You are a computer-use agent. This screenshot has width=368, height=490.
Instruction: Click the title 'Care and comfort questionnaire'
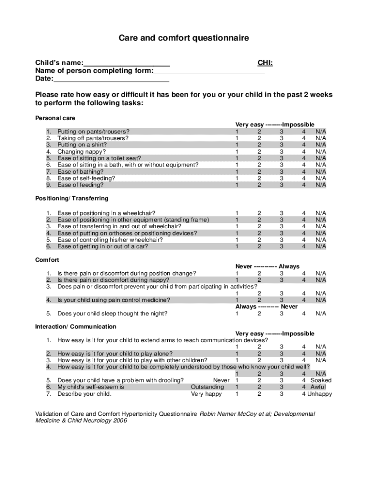pyautogui.click(x=184, y=38)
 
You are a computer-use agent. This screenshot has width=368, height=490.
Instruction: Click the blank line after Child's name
pyautogui.click(x=127, y=63)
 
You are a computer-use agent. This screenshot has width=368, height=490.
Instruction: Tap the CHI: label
pyautogui.click(x=265, y=63)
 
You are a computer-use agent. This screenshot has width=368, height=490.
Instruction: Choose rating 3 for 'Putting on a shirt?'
pyautogui.click(x=281, y=145)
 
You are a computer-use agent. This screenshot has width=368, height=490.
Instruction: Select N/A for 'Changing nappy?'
pyautogui.click(x=320, y=151)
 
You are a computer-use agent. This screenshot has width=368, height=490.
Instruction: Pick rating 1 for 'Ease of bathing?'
pyautogui.click(x=237, y=171)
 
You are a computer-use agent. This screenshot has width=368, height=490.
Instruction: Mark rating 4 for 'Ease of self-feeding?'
pyautogui.click(x=303, y=178)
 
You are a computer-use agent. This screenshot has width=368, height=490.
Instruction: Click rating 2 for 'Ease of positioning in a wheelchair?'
pyautogui.click(x=259, y=213)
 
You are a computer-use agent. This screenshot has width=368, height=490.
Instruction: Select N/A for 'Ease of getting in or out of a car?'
pyautogui.click(x=320, y=246)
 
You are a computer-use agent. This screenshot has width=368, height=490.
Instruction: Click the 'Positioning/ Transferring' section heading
pyautogui.click(x=72, y=198)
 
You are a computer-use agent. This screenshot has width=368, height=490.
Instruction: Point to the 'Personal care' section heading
pyautogui.click(x=55, y=118)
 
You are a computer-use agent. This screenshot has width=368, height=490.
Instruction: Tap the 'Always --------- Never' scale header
pyautogui.click(x=266, y=306)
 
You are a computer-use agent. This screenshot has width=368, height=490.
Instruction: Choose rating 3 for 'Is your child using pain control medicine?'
pyautogui.click(x=281, y=300)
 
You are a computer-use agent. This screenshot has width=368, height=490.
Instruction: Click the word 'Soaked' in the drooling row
pyautogui.click(x=321, y=380)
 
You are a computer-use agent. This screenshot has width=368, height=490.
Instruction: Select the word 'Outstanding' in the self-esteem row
pyautogui.click(x=207, y=387)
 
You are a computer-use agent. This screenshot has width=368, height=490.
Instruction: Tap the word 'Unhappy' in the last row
pyautogui.click(x=319, y=394)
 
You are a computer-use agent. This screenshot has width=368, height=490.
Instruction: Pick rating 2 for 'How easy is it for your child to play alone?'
pyautogui.click(x=259, y=354)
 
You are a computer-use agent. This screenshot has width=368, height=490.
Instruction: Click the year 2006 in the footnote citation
pyautogui.click(x=119, y=421)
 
